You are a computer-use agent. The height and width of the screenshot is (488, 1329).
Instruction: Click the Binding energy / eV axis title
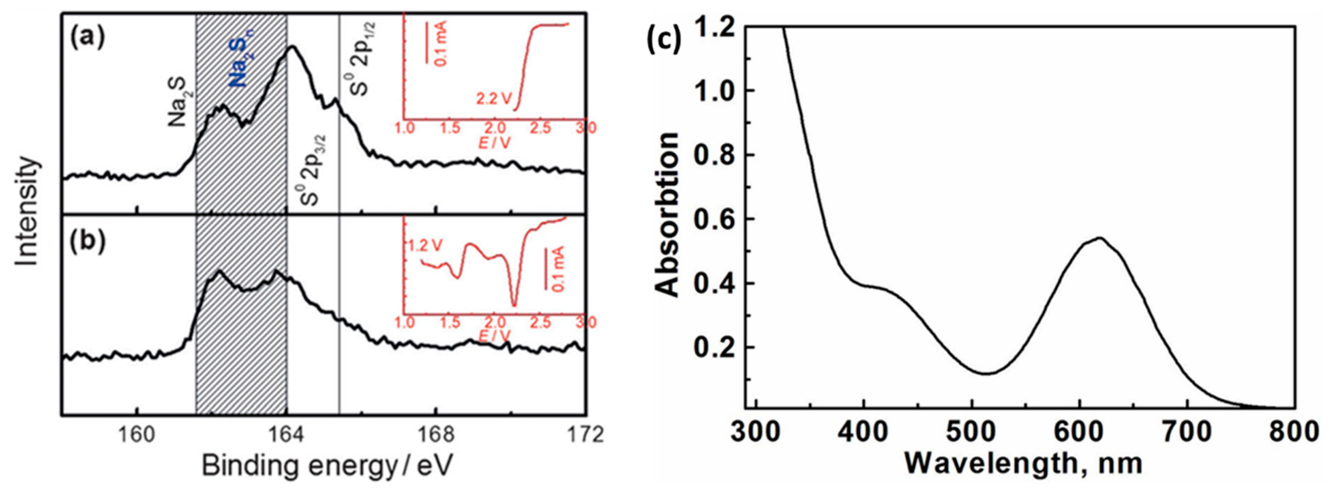click(x=326, y=465)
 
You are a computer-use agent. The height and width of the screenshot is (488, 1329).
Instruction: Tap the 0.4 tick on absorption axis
click(x=714, y=283)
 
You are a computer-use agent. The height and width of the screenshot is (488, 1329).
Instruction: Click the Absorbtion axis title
click(x=668, y=215)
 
